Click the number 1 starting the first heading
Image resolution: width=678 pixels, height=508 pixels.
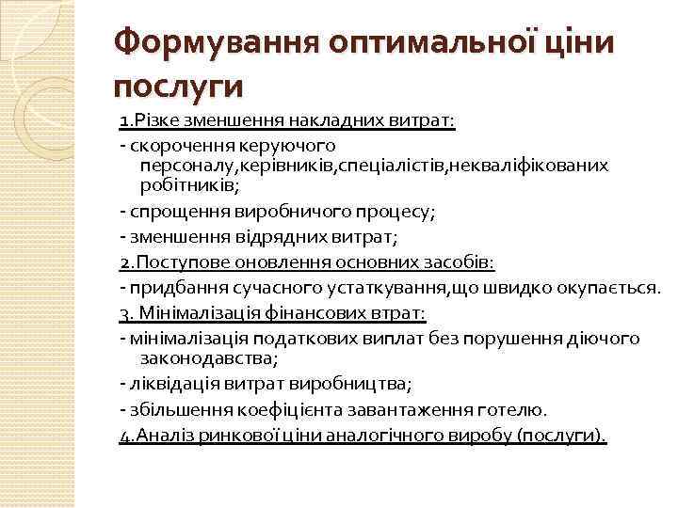tap(124, 121)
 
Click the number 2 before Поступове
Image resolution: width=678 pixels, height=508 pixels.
tap(125, 262)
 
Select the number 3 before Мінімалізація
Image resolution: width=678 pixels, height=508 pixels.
tap(125, 312)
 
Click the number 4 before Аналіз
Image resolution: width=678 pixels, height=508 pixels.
tap(125, 436)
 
